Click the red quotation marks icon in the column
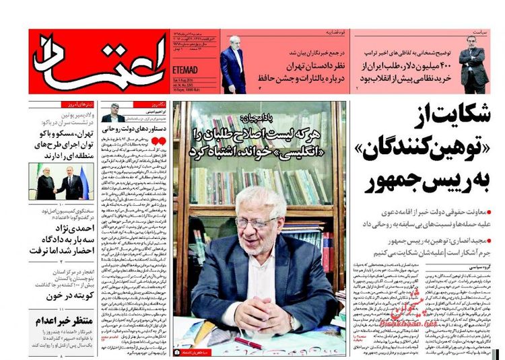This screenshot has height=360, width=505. point(156,142)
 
